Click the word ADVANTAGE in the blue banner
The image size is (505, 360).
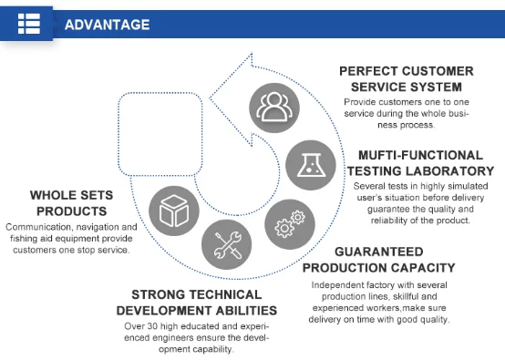[x=108, y=25]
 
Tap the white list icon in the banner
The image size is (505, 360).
[x=29, y=24]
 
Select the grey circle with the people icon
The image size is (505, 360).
[x=274, y=108]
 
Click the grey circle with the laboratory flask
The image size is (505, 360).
[x=311, y=165]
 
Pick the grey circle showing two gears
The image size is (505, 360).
[x=290, y=224]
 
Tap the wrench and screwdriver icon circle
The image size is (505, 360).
[x=227, y=245]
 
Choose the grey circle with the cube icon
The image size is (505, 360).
[x=174, y=211]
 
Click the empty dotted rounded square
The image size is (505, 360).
[x=160, y=134]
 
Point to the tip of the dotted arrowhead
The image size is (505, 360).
[x=210, y=98]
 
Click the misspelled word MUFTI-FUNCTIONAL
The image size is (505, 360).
[x=420, y=155]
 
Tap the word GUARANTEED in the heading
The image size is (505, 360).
[x=379, y=252]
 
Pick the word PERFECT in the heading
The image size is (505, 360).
[x=368, y=71]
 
